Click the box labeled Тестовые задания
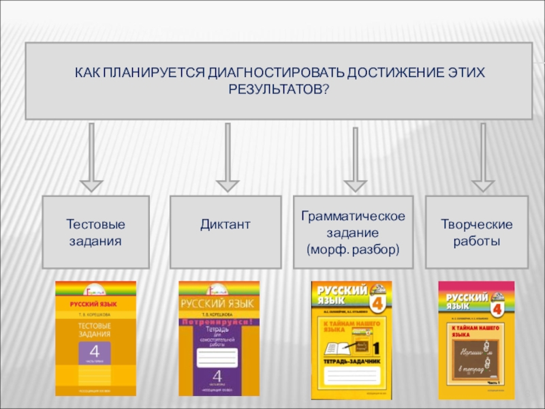tap(95, 232)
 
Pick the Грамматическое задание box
tap(353, 232)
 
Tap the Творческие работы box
tap(476, 232)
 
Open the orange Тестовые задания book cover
tap(95, 338)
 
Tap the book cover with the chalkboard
tap(476, 339)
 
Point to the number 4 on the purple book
tap(217, 375)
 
